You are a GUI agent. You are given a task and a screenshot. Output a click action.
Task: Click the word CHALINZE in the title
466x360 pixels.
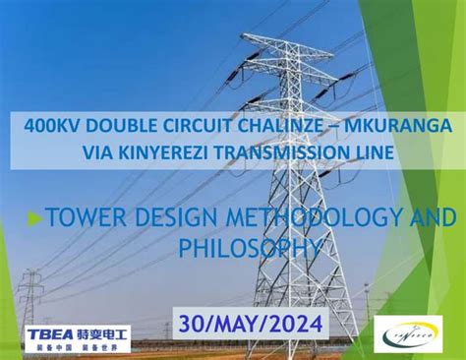pyautogui.click(x=258, y=127)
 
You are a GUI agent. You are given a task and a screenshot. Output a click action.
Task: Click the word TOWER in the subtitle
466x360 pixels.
pyautogui.click(x=84, y=217)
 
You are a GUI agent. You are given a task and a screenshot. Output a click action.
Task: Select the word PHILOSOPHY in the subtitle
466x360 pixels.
pyautogui.click(x=249, y=245)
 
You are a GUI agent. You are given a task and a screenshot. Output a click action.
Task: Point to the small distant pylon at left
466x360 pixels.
pyautogui.click(x=30, y=299)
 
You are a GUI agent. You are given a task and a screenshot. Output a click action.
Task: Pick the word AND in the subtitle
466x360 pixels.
pyautogui.click(x=431, y=217)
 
